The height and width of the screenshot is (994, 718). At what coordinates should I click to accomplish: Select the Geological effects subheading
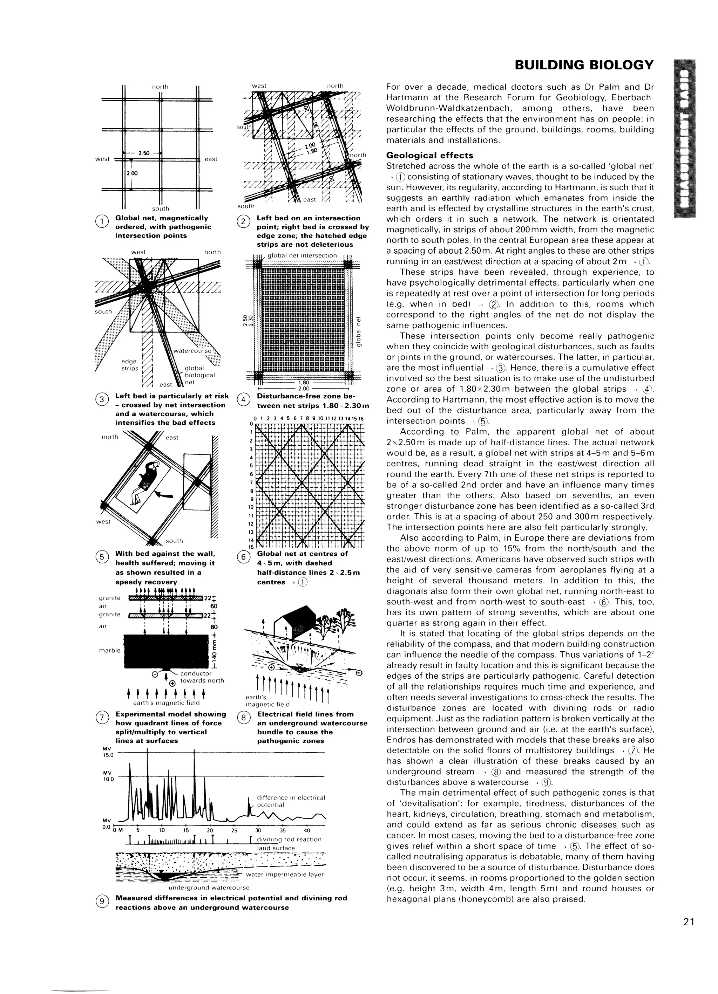pos(429,156)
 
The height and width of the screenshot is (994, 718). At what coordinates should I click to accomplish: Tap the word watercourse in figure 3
pos(192,351)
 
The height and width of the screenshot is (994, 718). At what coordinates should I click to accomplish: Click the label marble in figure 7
pos(110,650)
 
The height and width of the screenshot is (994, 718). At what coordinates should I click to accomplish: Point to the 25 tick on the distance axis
pos(234,830)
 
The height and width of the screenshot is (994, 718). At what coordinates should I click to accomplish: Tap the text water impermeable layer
pos(285,875)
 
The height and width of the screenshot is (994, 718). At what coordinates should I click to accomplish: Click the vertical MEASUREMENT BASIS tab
pos(685,138)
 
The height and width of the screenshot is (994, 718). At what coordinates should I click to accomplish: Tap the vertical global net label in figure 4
pos(359,331)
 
